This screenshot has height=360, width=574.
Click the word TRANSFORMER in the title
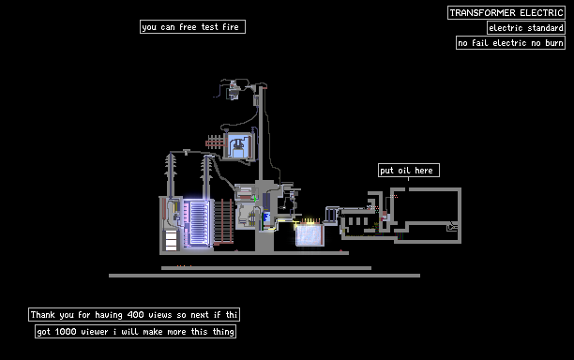[483, 13]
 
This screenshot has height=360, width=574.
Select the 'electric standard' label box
[526, 28]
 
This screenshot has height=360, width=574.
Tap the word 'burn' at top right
[554, 43]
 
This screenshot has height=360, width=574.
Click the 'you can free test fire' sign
[192, 26]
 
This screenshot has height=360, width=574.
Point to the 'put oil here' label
[409, 170]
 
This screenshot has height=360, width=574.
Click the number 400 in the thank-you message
[135, 315]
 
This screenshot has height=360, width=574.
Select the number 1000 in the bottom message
[66, 332]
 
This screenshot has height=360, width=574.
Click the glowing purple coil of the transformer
[197, 223]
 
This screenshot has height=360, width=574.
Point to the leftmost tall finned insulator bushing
[170, 175]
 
